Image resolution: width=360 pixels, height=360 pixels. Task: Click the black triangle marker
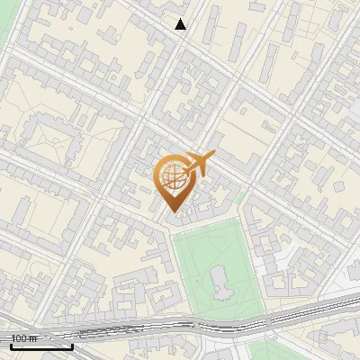point(181,24)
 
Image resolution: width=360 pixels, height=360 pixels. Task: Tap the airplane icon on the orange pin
point(197,163)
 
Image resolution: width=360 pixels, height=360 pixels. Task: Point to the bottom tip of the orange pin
point(172,213)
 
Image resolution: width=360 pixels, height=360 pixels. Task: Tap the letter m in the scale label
point(33,338)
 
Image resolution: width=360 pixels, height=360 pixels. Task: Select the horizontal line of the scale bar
point(40,346)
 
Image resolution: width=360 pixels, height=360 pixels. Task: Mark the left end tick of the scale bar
point(10,345)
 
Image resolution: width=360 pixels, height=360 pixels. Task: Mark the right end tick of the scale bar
point(72,345)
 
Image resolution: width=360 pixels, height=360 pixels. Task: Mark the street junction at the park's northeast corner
point(241,209)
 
